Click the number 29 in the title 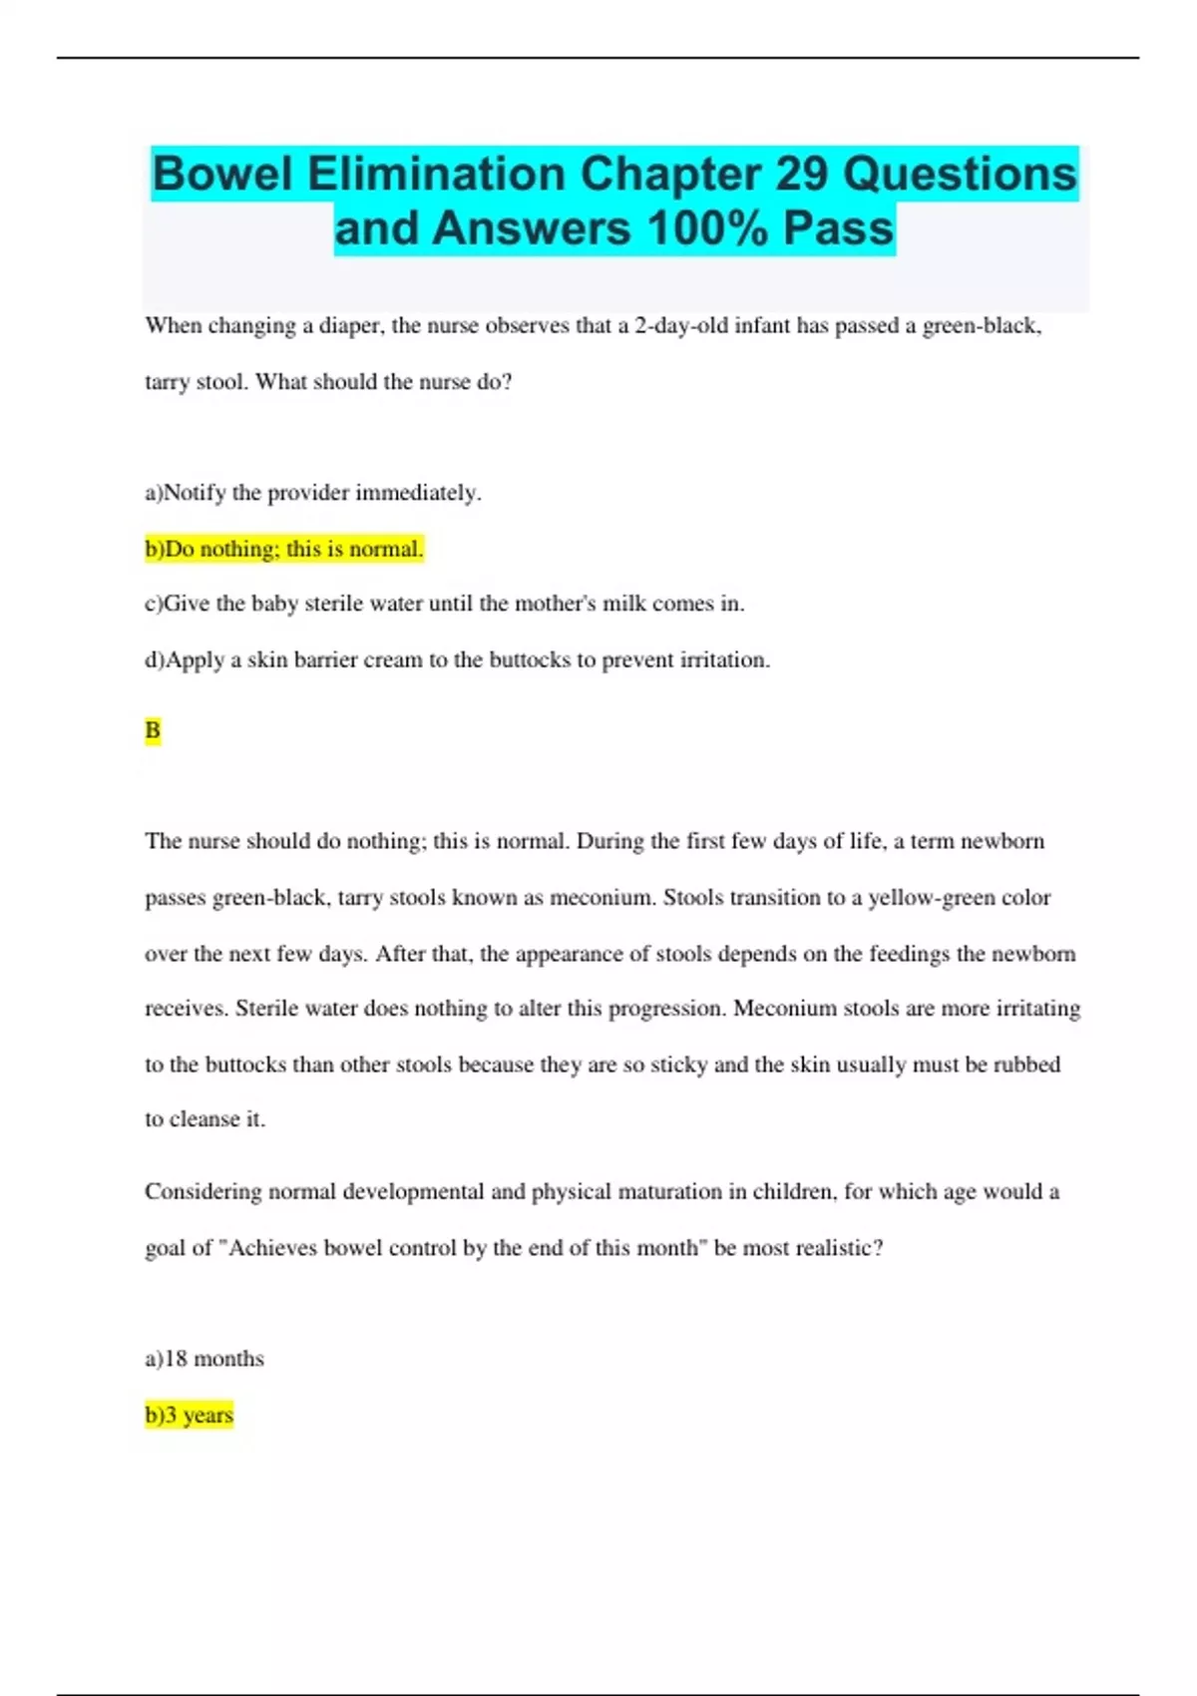801,175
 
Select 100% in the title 707,228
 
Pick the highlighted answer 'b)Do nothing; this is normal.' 284,549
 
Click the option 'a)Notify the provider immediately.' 313,493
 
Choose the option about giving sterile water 444,604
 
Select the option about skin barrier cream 457,659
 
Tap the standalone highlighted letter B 153,730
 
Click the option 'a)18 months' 204,1359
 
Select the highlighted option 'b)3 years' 190,1415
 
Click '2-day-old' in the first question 681,326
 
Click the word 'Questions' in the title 960,175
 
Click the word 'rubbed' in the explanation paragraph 1026,1064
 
